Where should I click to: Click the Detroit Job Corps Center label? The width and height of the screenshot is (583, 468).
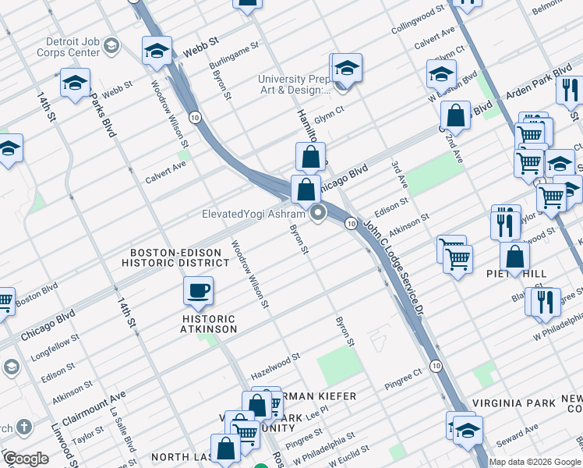tap(62, 47)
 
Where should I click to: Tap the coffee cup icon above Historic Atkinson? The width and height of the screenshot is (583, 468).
tap(198, 291)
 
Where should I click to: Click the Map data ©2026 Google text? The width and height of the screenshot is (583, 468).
tap(535, 462)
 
